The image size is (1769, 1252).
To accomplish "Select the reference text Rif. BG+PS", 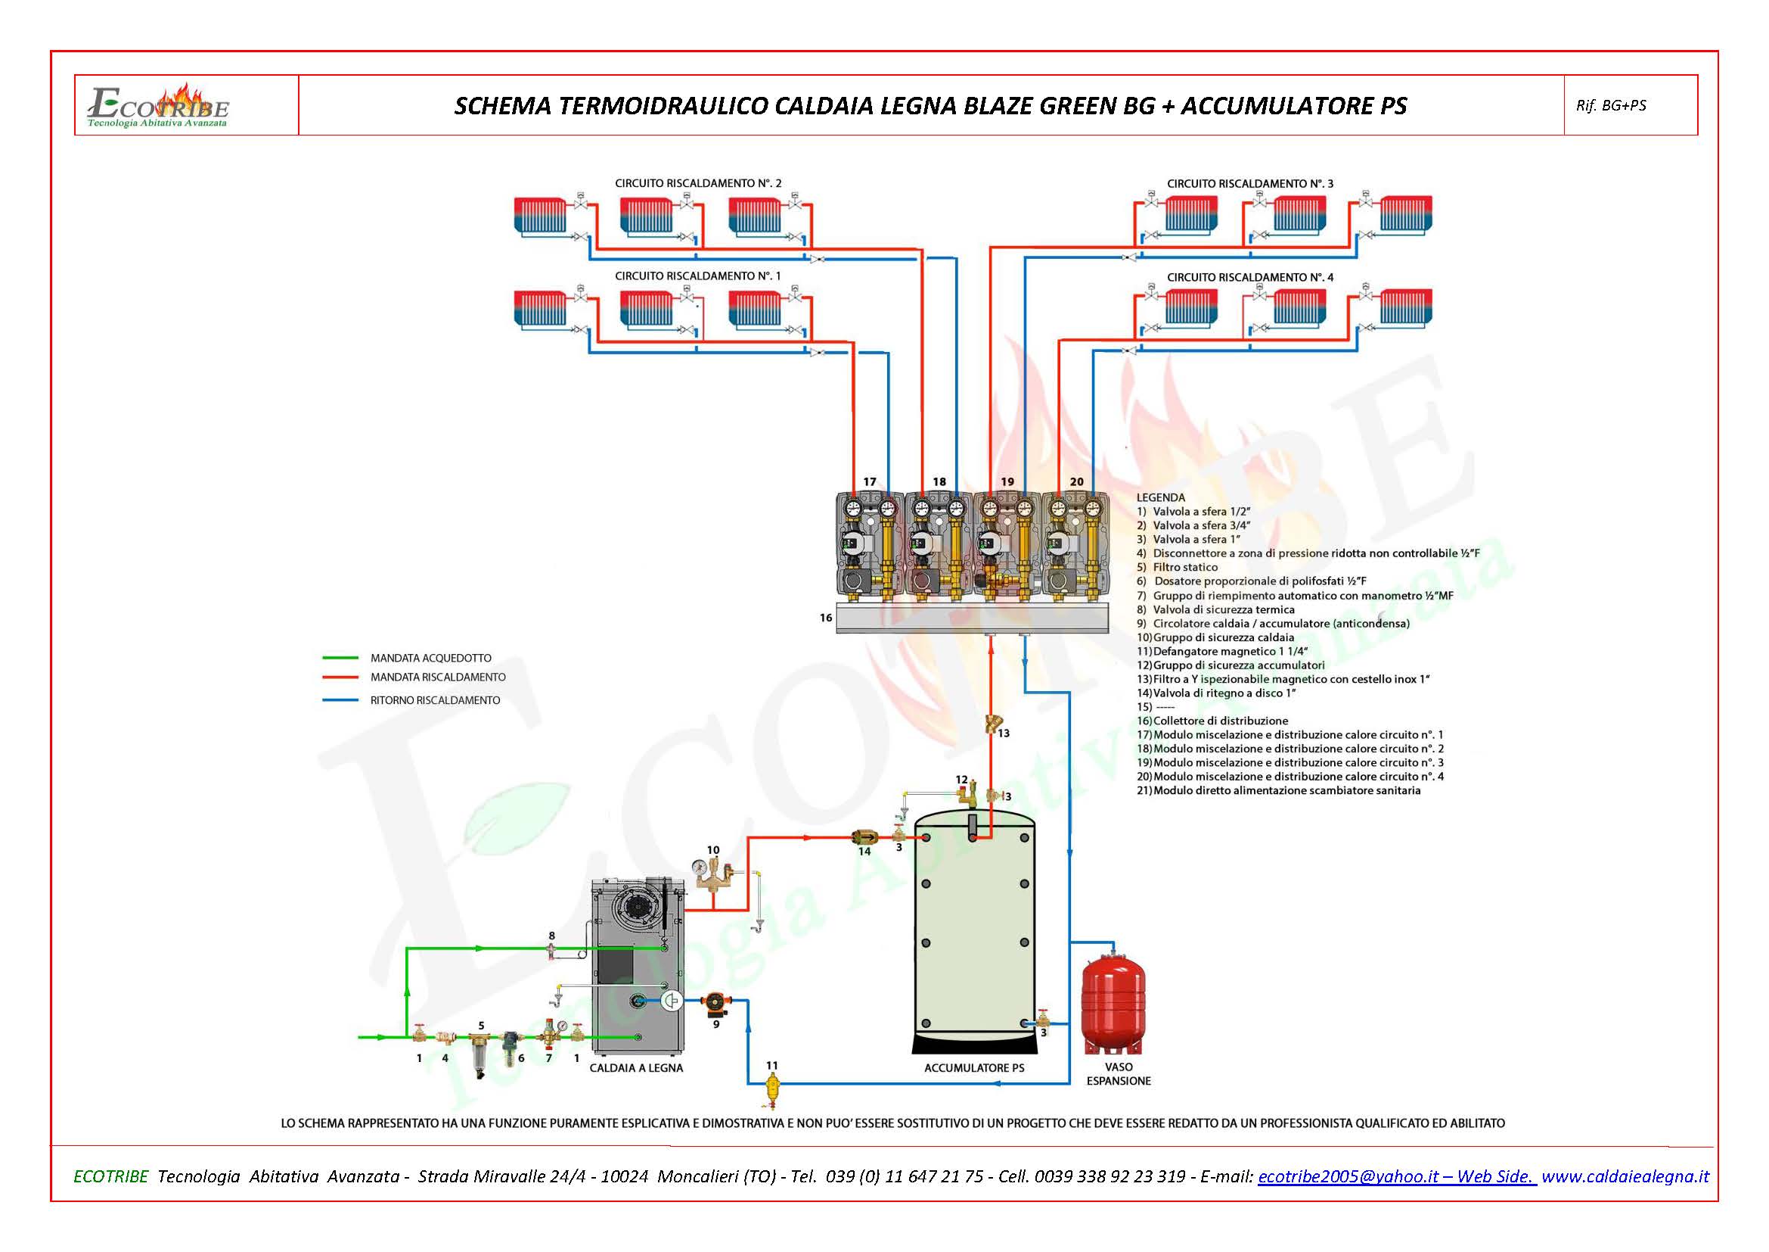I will pos(1610,106).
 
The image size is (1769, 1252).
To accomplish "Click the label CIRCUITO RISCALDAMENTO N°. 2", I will pos(697,183).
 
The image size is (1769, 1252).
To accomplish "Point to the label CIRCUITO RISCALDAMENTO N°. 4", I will pos(1249,277).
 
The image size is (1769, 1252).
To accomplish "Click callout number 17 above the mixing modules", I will pos(869,482).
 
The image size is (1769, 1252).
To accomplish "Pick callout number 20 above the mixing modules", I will pos(1076,482).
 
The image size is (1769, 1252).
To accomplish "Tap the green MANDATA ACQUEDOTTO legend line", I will pos(340,658).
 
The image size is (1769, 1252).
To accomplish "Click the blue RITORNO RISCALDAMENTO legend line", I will pos(340,700).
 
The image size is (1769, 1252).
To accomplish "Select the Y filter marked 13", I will pos(992,724).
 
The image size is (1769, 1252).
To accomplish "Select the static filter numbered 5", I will pos(481,1051).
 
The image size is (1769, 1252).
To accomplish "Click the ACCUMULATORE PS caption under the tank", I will pos(974,1068).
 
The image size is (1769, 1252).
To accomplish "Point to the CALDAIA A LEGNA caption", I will pos(635,1068).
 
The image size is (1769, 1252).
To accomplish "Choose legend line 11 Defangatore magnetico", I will pos(1222,652).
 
